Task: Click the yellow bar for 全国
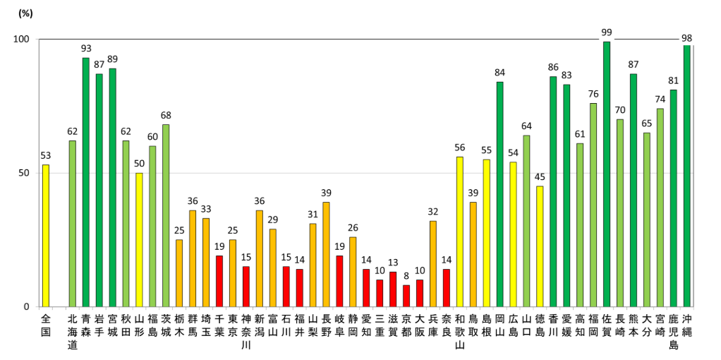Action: coord(46,236)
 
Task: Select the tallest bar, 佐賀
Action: coord(607,174)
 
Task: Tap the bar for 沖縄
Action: coord(686,176)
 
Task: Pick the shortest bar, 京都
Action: coord(406,296)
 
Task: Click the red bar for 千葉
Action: coord(219,281)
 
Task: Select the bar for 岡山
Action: coord(499,194)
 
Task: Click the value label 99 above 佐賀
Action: coord(607,32)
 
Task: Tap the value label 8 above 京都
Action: coord(406,276)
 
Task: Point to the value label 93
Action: coord(86,48)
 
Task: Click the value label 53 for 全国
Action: coord(46,155)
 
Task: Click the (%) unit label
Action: coord(25,13)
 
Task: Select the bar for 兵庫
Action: coord(432,264)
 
